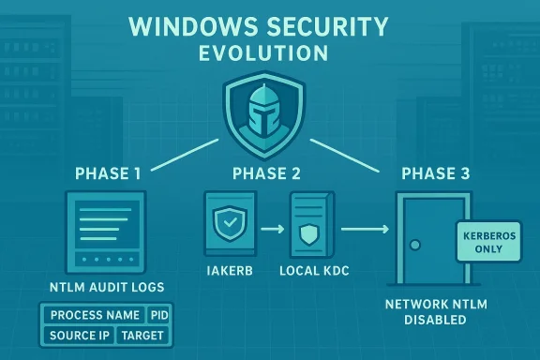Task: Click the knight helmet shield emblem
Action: (x=269, y=117)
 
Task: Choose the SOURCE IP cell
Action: (x=79, y=335)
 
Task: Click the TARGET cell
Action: (x=142, y=335)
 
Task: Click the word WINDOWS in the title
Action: (x=183, y=23)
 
